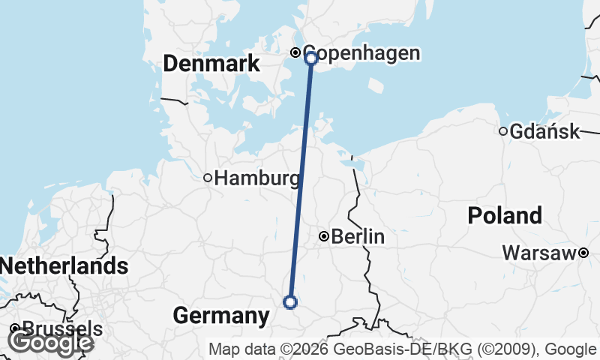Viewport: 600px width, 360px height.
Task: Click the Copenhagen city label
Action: pyautogui.click(x=361, y=53)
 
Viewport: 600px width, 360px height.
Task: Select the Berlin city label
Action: pyautogui.click(x=358, y=237)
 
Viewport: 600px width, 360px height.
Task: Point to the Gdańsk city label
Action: pyautogui.click(x=544, y=132)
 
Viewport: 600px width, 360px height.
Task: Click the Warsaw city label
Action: pyautogui.click(x=539, y=253)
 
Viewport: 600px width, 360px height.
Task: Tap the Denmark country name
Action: pyautogui.click(x=211, y=64)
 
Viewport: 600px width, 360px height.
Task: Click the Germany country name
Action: pyautogui.click(x=220, y=316)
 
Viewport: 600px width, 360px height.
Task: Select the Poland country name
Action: pyautogui.click(x=505, y=216)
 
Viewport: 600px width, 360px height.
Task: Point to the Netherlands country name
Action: pyautogui.click(x=64, y=265)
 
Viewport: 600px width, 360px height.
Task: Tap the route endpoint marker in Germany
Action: pyautogui.click(x=290, y=302)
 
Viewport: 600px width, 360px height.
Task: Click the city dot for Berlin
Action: pyautogui.click(x=324, y=237)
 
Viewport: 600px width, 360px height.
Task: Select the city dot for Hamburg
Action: pyautogui.click(x=208, y=178)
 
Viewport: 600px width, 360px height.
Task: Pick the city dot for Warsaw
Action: pyautogui.click(x=583, y=253)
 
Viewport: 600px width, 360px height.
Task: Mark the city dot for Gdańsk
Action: pyautogui.click(x=503, y=131)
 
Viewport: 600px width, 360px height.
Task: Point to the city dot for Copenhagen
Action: pyautogui.click(x=296, y=52)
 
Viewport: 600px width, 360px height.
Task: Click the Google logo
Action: pyautogui.click(x=51, y=342)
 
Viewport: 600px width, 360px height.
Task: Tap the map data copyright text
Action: pyautogui.click(x=402, y=349)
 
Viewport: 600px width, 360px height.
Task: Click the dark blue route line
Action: pyautogui.click(x=301, y=180)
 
